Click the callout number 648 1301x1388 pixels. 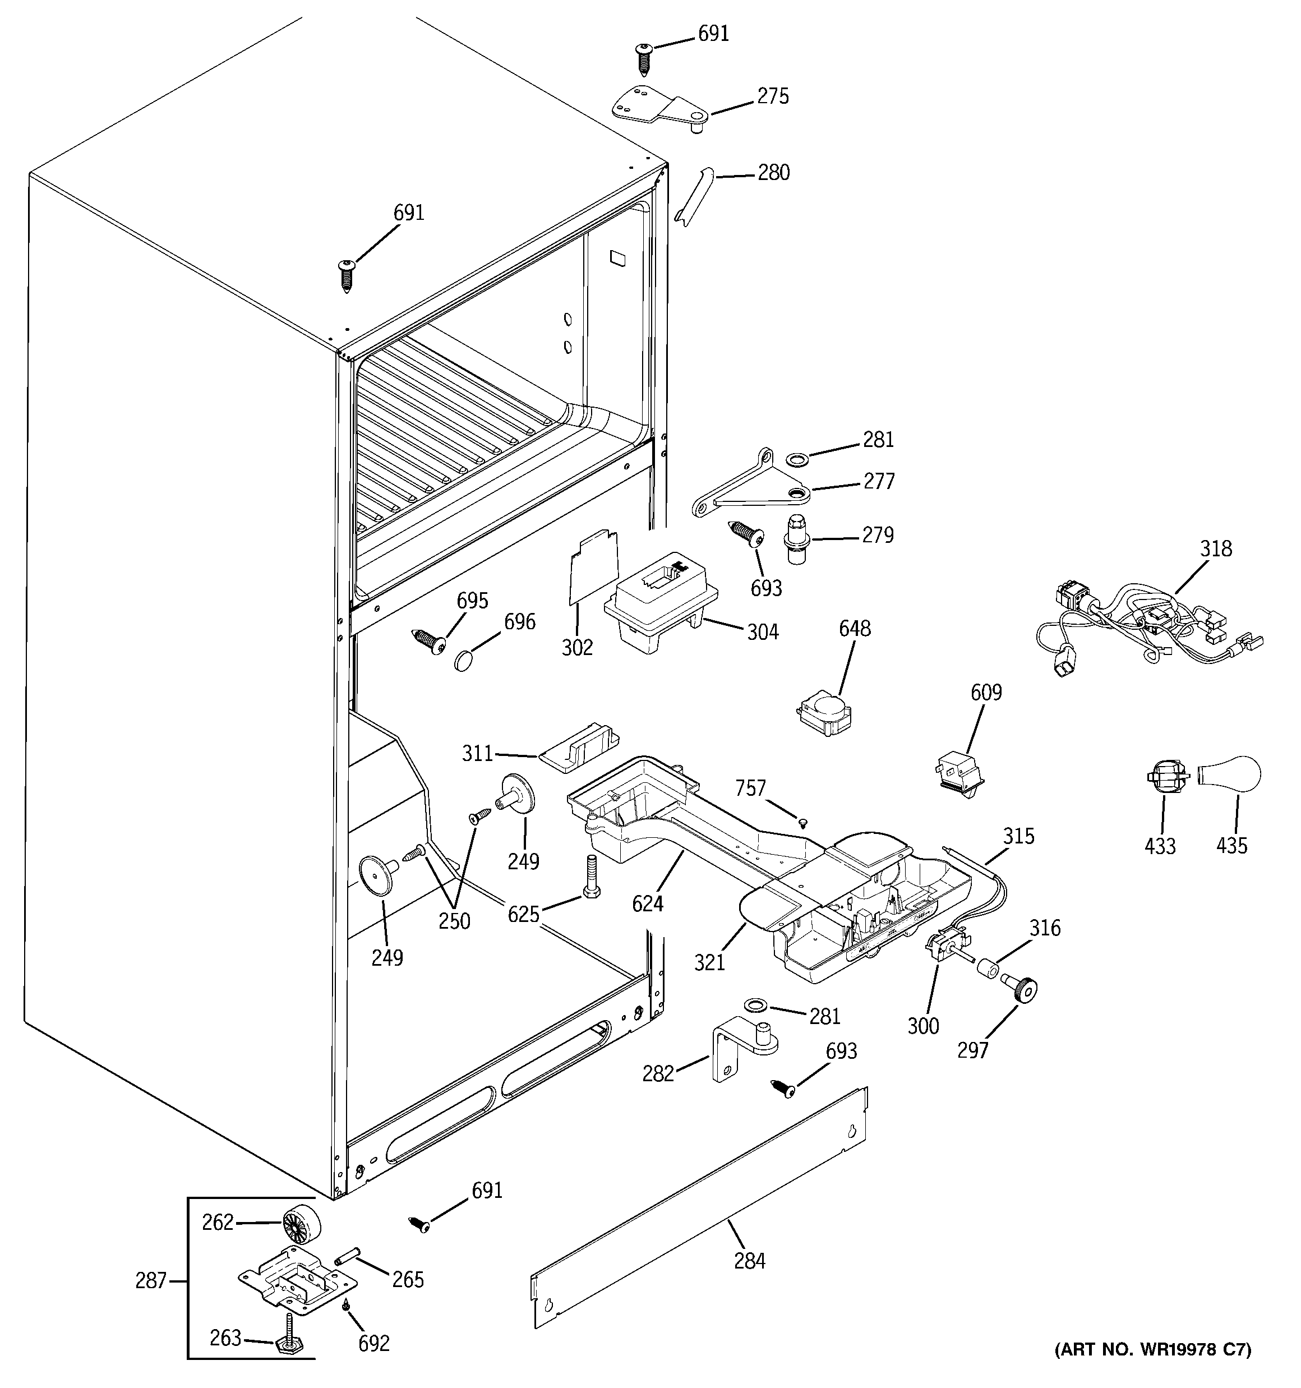855,628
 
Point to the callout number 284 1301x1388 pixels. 749,1261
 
